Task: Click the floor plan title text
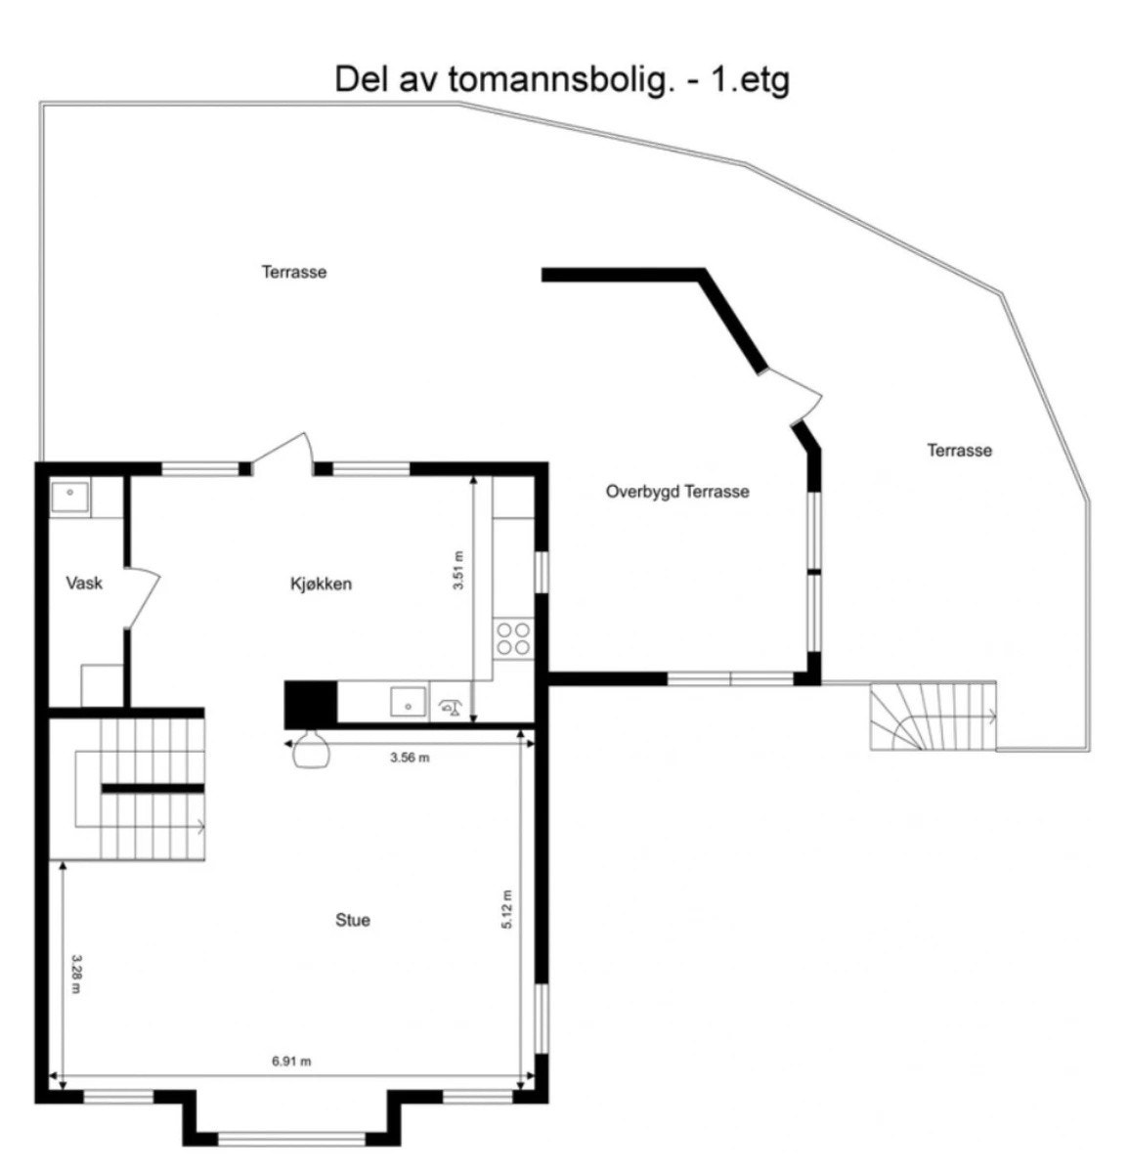point(561,79)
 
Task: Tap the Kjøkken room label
point(321,584)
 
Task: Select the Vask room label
point(84,584)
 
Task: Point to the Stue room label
point(353,920)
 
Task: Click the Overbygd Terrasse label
point(677,492)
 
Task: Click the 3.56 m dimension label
point(410,758)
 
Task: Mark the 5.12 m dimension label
point(506,909)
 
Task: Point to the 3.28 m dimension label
point(75,975)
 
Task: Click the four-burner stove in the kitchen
point(513,637)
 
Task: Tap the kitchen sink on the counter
point(408,702)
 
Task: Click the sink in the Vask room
point(70,500)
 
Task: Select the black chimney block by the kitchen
point(310,703)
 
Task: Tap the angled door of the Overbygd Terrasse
point(797,396)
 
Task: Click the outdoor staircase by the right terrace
point(933,717)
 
